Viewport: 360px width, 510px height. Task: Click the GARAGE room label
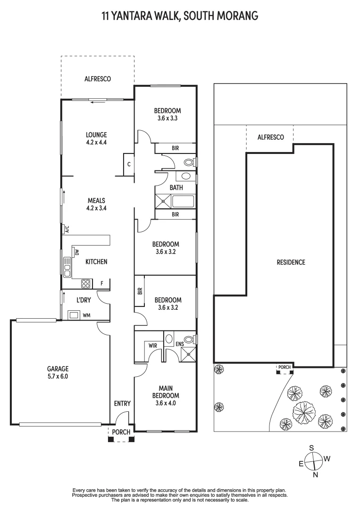pyautogui.click(x=58, y=369)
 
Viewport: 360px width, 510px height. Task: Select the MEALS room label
pyautogui.click(x=96, y=200)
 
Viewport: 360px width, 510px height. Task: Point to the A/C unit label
pyautogui.click(x=67, y=229)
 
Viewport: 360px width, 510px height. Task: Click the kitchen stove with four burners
pyautogui.click(x=86, y=283)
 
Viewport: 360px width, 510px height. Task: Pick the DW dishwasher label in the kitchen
pyautogui.click(x=76, y=253)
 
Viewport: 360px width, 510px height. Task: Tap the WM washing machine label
pyautogui.click(x=86, y=314)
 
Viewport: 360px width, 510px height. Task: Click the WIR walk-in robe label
pyautogui.click(x=152, y=346)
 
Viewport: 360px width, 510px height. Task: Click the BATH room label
pyautogui.click(x=176, y=187)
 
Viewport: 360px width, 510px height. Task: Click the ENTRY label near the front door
pyautogui.click(x=122, y=403)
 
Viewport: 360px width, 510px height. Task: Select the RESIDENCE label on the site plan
pyautogui.click(x=291, y=262)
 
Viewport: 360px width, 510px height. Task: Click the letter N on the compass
pyautogui.click(x=316, y=475)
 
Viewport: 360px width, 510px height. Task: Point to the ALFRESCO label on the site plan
pyautogui.click(x=270, y=137)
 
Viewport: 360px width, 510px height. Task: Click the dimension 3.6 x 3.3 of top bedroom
pyautogui.click(x=167, y=119)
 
